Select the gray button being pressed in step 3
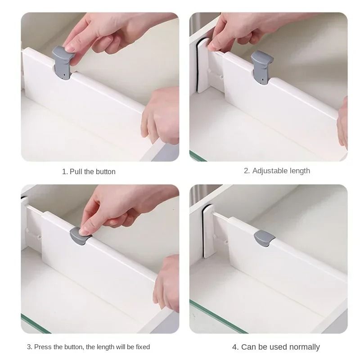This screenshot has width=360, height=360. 81,235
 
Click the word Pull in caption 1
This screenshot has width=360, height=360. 76,171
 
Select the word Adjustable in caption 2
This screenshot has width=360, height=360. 270,171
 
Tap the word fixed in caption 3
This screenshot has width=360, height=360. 141,347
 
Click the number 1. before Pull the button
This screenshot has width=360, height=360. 65,171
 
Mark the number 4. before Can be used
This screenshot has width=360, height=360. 235,347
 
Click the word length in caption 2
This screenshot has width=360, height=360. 299,171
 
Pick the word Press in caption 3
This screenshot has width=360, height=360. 43,347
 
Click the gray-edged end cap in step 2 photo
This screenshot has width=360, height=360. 201,65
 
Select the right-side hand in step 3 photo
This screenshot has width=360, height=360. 166,283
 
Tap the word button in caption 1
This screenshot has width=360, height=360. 105,171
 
